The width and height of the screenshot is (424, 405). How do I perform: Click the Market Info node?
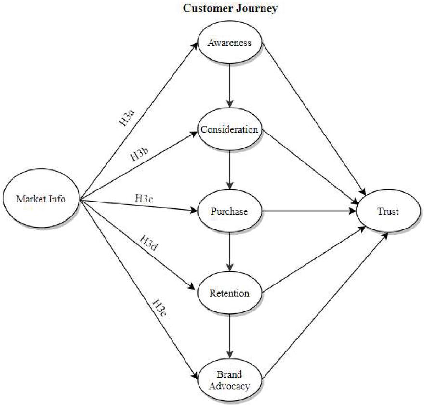(x=41, y=198)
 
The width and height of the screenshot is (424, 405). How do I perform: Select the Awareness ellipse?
(x=229, y=42)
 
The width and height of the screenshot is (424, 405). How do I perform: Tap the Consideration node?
(x=229, y=129)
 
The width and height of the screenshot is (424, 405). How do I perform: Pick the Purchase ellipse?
(x=229, y=211)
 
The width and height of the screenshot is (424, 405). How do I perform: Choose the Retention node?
(x=229, y=293)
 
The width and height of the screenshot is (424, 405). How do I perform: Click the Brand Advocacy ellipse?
(x=229, y=380)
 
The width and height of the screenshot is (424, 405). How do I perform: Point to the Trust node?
(x=388, y=211)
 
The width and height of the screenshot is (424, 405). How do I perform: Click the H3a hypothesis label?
(x=127, y=118)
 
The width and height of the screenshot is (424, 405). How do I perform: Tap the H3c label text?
(x=144, y=199)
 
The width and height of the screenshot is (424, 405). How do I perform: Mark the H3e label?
(x=159, y=308)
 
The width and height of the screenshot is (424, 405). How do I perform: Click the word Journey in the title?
(x=257, y=8)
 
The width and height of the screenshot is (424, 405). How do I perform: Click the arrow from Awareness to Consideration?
(x=230, y=86)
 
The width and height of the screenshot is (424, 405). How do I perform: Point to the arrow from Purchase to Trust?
(x=309, y=211)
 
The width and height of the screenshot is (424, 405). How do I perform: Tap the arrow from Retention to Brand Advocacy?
(x=230, y=336)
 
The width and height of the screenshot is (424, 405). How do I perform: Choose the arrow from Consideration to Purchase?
(x=230, y=170)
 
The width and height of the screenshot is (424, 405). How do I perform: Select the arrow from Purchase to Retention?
(x=230, y=252)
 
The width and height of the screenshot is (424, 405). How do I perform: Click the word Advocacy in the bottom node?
(x=229, y=386)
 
